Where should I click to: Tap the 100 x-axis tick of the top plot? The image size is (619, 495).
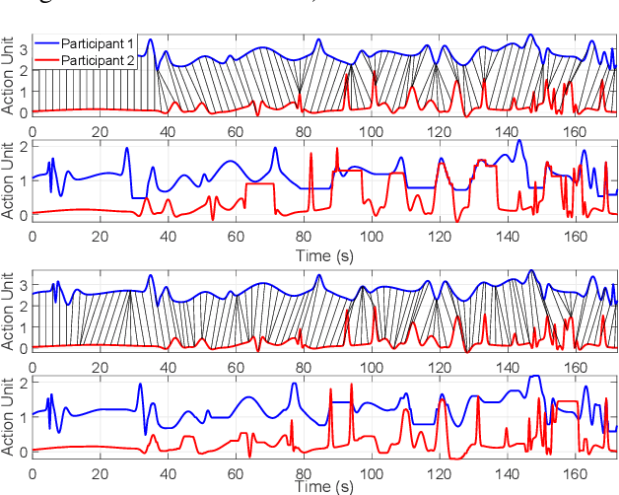(371, 128)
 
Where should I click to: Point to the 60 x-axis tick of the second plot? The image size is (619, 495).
(236, 238)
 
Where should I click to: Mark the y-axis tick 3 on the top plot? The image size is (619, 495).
(23, 48)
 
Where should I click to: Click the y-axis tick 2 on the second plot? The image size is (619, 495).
(23, 146)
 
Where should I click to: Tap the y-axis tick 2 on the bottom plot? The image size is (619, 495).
(23, 381)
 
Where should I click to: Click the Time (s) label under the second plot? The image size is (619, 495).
(324, 254)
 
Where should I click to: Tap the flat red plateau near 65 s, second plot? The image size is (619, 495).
(259, 184)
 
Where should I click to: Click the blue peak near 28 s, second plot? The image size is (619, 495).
(127, 149)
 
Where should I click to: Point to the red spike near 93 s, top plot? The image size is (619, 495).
(347, 72)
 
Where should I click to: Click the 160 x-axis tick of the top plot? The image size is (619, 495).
(573, 128)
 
